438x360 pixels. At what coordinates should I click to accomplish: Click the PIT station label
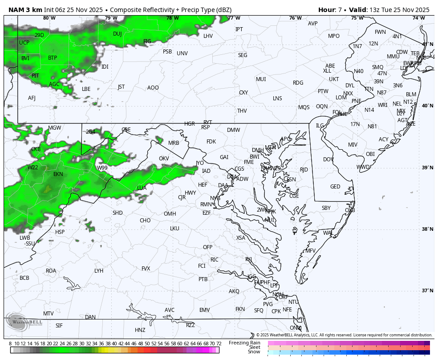(35, 76)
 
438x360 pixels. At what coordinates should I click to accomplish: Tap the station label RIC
(215, 260)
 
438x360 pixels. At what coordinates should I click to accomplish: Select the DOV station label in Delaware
(328, 160)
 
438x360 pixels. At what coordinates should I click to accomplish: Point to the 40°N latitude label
(427, 106)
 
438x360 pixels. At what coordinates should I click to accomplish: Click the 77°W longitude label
(234, 18)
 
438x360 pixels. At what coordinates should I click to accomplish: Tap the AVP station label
(313, 24)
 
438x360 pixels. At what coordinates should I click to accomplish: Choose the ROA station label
(51, 271)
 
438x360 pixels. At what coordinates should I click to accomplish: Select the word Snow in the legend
(254, 352)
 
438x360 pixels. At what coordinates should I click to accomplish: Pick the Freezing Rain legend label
(245, 343)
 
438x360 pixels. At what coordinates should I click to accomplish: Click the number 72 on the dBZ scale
(219, 344)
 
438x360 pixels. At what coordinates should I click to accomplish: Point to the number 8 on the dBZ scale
(10, 344)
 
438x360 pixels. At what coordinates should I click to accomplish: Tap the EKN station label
(58, 174)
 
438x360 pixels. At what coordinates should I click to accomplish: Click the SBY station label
(326, 208)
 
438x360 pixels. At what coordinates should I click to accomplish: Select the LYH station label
(99, 271)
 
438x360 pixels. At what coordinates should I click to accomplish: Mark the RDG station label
(298, 83)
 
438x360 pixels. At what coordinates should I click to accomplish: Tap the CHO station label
(145, 221)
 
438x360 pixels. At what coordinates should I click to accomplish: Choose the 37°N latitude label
(427, 290)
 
